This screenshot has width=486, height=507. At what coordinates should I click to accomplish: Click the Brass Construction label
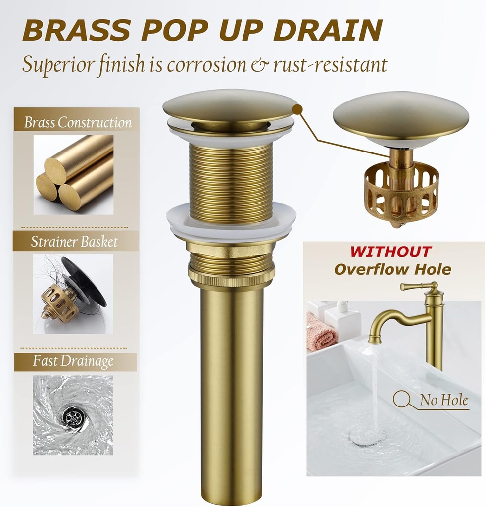coord(78,123)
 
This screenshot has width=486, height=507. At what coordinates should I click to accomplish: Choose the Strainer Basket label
coord(74,242)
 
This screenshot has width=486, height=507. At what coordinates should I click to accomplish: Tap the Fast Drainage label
coord(73,361)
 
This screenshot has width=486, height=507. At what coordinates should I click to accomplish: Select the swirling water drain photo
coord(73,415)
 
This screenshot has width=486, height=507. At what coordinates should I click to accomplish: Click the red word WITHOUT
coord(391,252)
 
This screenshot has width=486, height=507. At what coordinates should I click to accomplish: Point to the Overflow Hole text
coord(392,269)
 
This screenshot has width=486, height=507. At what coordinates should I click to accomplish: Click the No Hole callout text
coord(443,400)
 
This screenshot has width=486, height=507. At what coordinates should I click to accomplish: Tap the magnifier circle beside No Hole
coord(401,399)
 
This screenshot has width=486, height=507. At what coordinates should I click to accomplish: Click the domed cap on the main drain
coord(230,105)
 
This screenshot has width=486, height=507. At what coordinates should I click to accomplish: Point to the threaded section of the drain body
coord(231,178)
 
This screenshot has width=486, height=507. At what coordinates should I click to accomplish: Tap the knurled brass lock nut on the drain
coord(231,277)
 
